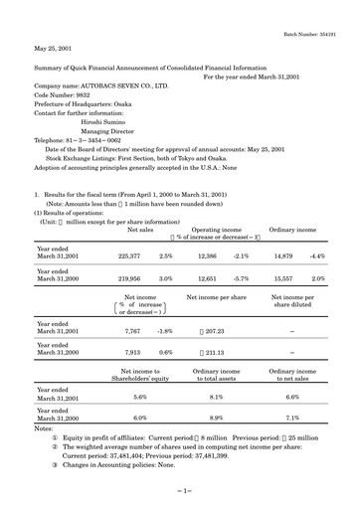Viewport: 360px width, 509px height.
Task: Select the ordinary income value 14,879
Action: (x=283, y=255)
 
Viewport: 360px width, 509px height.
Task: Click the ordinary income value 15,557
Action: (x=283, y=279)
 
